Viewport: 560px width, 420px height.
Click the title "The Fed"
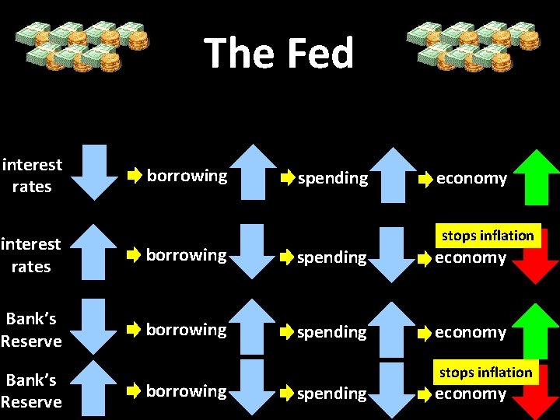tap(279, 53)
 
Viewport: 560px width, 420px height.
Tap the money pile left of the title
tap(80, 45)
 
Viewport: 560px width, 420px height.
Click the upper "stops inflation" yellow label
tap(488, 236)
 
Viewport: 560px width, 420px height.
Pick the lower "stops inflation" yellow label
tap(486, 373)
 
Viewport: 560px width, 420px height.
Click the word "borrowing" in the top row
tap(187, 176)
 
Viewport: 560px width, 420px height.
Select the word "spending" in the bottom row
tap(331, 394)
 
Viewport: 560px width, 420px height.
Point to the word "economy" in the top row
tap(471, 179)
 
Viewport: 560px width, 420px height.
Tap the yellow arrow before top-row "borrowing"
tap(135, 177)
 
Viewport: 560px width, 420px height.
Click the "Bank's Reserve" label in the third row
tap(31, 331)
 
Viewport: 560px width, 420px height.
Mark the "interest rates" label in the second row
tap(31, 255)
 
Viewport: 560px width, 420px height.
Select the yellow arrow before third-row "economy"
tap(424, 333)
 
